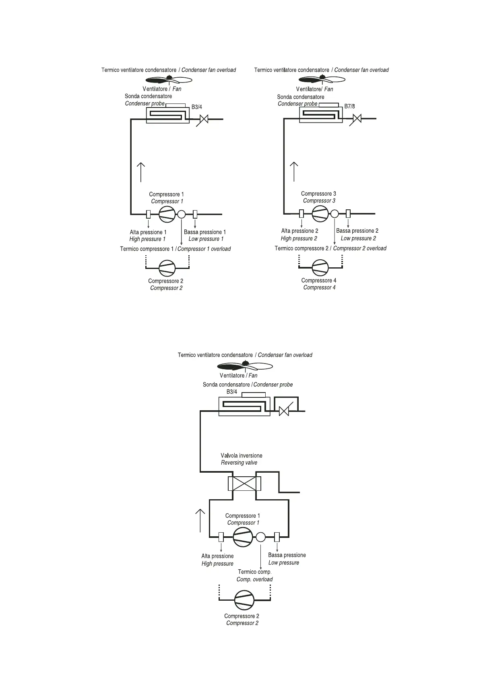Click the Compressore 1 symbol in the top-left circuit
pyautogui.click(x=167, y=214)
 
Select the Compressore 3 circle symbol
pyautogui.click(x=320, y=213)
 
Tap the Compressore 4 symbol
pyautogui.click(x=320, y=267)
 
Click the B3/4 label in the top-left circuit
pyautogui.click(x=196, y=107)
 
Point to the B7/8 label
pyautogui.click(x=349, y=106)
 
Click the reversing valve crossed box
pyautogui.click(x=244, y=483)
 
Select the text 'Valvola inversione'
pyautogui.click(x=242, y=455)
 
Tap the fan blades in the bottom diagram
pyautogui.click(x=244, y=366)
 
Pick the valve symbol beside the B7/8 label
pyautogui.click(x=357, y=119)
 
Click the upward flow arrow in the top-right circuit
pyautogui.click(x=294, y=172)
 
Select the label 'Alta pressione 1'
pyautogui.click(x=148, y=232)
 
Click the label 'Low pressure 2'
pyautogui.click(x=358, y=238)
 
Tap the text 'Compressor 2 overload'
pyautogui.click(x=359, y=248)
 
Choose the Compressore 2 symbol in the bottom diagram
pyautogui.click(x=244, y=600)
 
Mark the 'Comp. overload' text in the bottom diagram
pyautogui.click(x=254, y=579)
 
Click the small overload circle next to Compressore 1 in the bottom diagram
pyautogui.click(x=261, y=537)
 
